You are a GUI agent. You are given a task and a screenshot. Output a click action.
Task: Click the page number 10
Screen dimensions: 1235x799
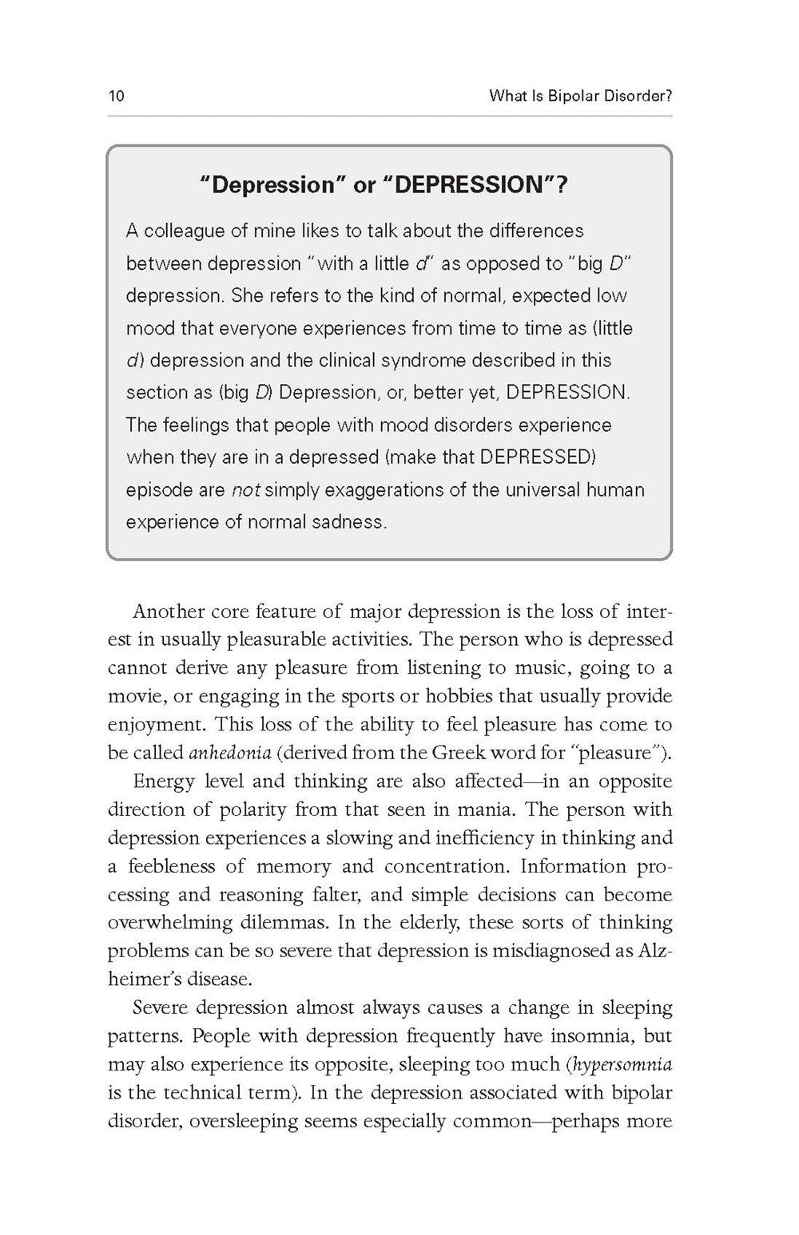click(x=117, y=97)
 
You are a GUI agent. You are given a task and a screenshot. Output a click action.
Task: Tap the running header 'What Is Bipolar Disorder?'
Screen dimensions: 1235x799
click(x=580, y=97)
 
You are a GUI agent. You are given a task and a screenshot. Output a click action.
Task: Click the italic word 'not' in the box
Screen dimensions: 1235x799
click(x=246, y=490)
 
